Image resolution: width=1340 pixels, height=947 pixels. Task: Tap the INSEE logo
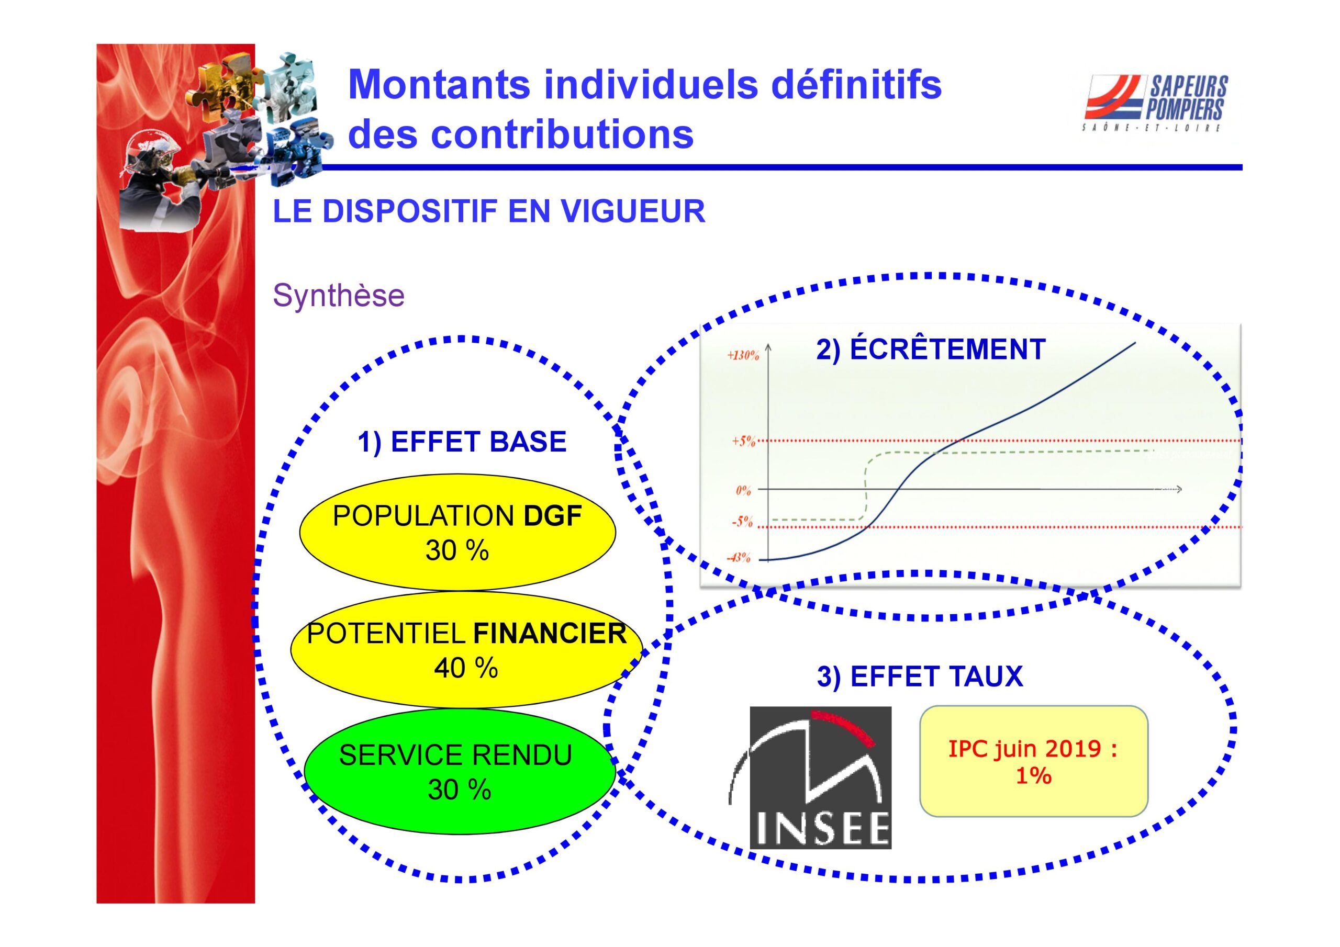[x=820, y=777]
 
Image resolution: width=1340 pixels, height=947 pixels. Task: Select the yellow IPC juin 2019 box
[x=1034, y=761]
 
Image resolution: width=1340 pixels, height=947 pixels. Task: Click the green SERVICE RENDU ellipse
[x=459, y=771]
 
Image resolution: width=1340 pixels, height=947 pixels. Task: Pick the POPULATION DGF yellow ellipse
[x=457, y=532]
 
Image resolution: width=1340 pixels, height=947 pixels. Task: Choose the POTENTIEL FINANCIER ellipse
[x=466, y=649]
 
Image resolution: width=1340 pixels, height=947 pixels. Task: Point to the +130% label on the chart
[x=742, y=355]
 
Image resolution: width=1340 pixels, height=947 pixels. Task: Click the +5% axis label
[x=743, y=441]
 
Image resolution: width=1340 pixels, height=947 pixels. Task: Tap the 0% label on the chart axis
[x=743, y=490]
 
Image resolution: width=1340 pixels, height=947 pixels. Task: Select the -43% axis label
[x=738, y=558]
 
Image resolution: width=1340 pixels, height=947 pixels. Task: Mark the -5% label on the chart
[x=742, y=522]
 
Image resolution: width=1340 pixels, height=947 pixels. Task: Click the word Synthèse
[x=339, y=295]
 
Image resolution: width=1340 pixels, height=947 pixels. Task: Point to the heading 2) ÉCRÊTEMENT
[x=930, y=350]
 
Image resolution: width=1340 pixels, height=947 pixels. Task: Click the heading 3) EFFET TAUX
[x=920, y=677]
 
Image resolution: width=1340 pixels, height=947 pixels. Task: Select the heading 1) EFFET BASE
[x=462, y=442]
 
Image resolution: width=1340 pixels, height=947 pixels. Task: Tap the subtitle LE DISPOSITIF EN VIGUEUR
[x=489, y=211]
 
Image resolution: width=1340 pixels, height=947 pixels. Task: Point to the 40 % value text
[x=466, y=668]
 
